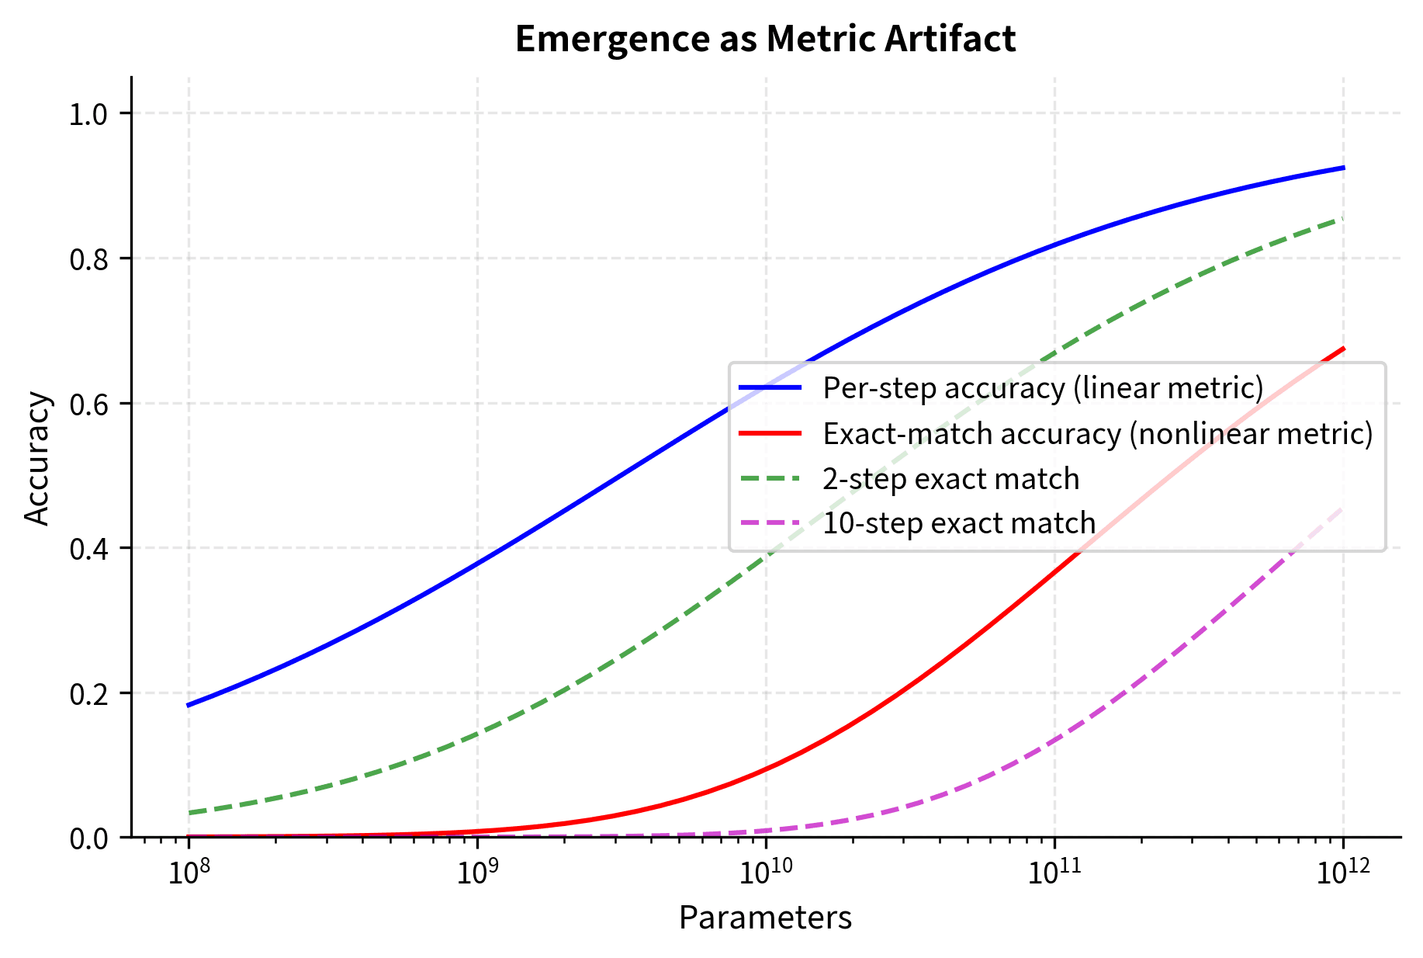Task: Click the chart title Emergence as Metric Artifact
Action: tap(765, 39)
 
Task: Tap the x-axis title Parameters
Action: tap(765, 918)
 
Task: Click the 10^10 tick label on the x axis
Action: tap(765, 873)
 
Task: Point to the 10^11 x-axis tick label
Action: tap(1054, 873)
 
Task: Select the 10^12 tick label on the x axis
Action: tap(1342, 873)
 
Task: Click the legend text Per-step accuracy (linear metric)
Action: tap(1043, 387)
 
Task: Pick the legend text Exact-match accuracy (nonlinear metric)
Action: tap(1097, 433)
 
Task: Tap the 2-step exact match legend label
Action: tap(950, 478)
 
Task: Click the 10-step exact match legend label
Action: tap(958, 523)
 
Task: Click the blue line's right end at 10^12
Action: tap(1342, 168)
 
